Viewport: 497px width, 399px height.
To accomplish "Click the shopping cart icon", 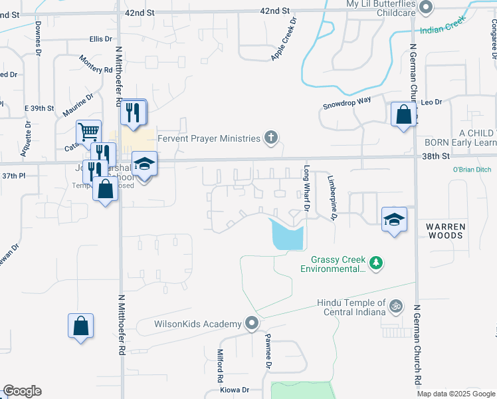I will tap(88, 132).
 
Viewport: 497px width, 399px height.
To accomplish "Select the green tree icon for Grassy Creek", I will tap(377, 263).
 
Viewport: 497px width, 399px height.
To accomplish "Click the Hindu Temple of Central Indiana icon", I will tap(396, 307).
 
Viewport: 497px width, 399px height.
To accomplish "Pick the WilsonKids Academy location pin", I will tap(252, 324).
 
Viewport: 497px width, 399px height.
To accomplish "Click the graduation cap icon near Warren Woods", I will tap(394, 218).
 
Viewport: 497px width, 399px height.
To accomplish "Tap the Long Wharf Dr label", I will tap(308, 188).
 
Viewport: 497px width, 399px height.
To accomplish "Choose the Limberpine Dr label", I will tap(332, 197).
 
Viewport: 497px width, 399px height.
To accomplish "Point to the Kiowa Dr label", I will tap(235, 390).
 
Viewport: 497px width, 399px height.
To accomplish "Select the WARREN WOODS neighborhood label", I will tap(447, 232).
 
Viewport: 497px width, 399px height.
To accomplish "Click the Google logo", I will tap(22, 391).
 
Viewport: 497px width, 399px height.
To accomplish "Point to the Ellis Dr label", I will tap(100, 40).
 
